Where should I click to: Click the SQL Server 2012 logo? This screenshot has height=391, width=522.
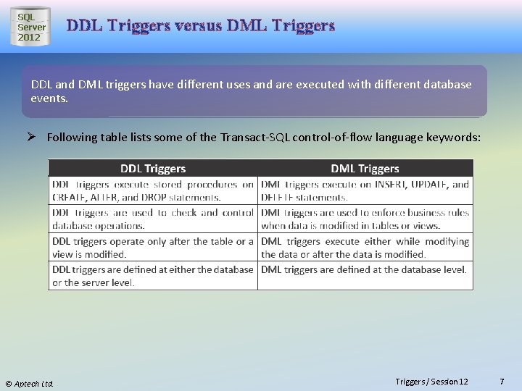(x=30, y=28)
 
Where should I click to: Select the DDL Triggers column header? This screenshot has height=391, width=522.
(x=152, y=169)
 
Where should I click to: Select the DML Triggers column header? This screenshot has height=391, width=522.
(x=365, y=169)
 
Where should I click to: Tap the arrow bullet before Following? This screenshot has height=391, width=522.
(x=35, y=137)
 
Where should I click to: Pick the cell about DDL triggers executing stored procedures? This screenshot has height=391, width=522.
(x=152, y=190)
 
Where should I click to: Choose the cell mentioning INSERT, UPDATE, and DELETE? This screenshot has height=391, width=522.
(x=365, y=190)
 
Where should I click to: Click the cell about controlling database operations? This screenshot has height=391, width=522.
(x=152, y=219)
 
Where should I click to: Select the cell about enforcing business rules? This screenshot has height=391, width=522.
(x=365, y=219)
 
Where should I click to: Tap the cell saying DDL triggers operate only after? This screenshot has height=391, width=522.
(x=152, y=248)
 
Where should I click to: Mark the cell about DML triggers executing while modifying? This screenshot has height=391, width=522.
(x=365, y=248)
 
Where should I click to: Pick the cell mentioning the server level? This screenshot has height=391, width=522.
(x=152, y=276)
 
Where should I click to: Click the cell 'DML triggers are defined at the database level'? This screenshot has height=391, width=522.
(x=365, y=270)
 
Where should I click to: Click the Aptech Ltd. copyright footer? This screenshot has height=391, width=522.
(x=30, y=383)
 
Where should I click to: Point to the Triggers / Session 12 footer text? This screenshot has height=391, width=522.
(x=431, y=382)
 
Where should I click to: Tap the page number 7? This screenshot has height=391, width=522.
(x=502, y=382)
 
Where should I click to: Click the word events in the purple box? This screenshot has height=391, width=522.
(x=49, y=98)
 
